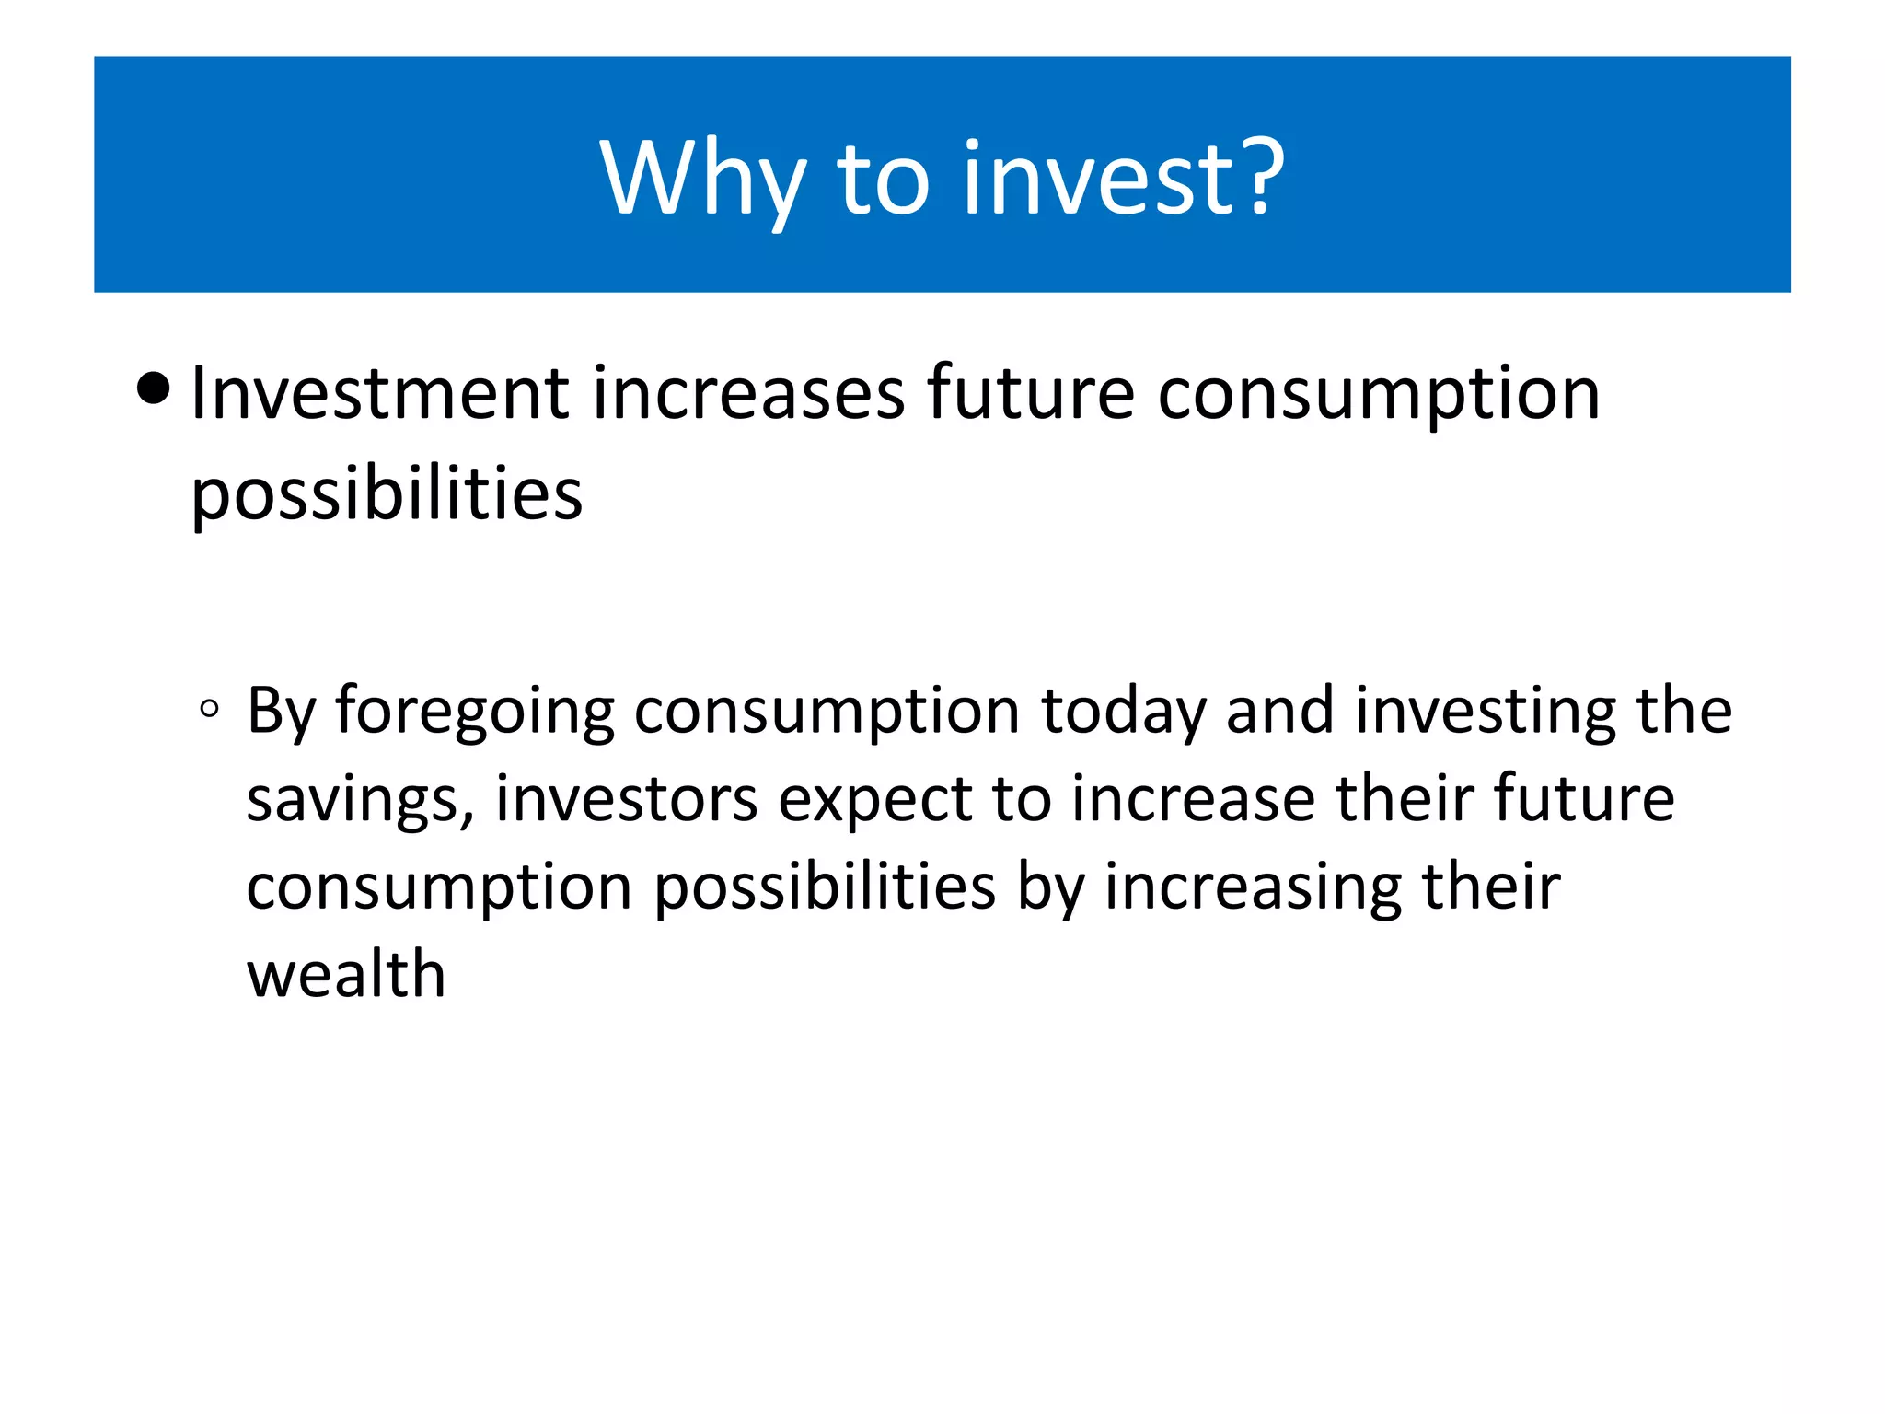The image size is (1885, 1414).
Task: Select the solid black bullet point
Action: coord(153,388)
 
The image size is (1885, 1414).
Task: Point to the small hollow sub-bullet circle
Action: coord(209,709)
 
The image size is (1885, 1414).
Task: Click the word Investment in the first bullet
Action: coord(379,394)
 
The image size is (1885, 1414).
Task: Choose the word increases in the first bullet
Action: coord(748,394)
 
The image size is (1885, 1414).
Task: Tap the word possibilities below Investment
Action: coord(387,495)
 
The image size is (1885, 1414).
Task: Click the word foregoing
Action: coord(474,713)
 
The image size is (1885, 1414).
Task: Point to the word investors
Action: coord(626,799)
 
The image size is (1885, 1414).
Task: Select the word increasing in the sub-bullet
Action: coord(1253,888)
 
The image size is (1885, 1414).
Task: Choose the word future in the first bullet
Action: coord(1031,394)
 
